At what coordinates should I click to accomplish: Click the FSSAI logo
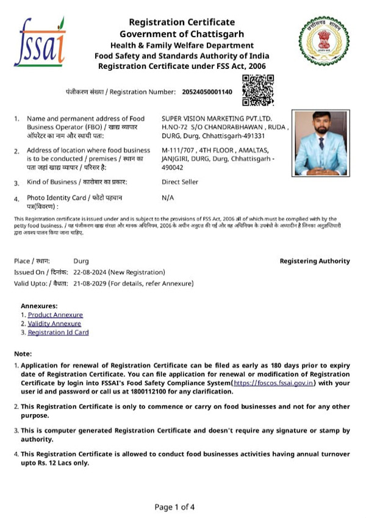point(39,41)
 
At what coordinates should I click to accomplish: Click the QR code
point(258,90)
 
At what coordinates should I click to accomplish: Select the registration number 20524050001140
point(207,92)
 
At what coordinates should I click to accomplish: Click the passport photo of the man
point(320,142)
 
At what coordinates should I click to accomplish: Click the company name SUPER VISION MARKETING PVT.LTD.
point(217,118)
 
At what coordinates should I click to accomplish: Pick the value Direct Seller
point(180,182)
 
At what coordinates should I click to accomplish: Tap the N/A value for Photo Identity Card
point(168,198)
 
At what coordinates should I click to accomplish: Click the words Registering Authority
point(315,261)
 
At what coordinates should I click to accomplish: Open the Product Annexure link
point(55,314)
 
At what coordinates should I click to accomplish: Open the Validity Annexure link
point(55,323)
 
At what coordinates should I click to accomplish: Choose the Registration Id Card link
point(59,333)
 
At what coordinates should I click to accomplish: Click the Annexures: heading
point(39,305)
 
